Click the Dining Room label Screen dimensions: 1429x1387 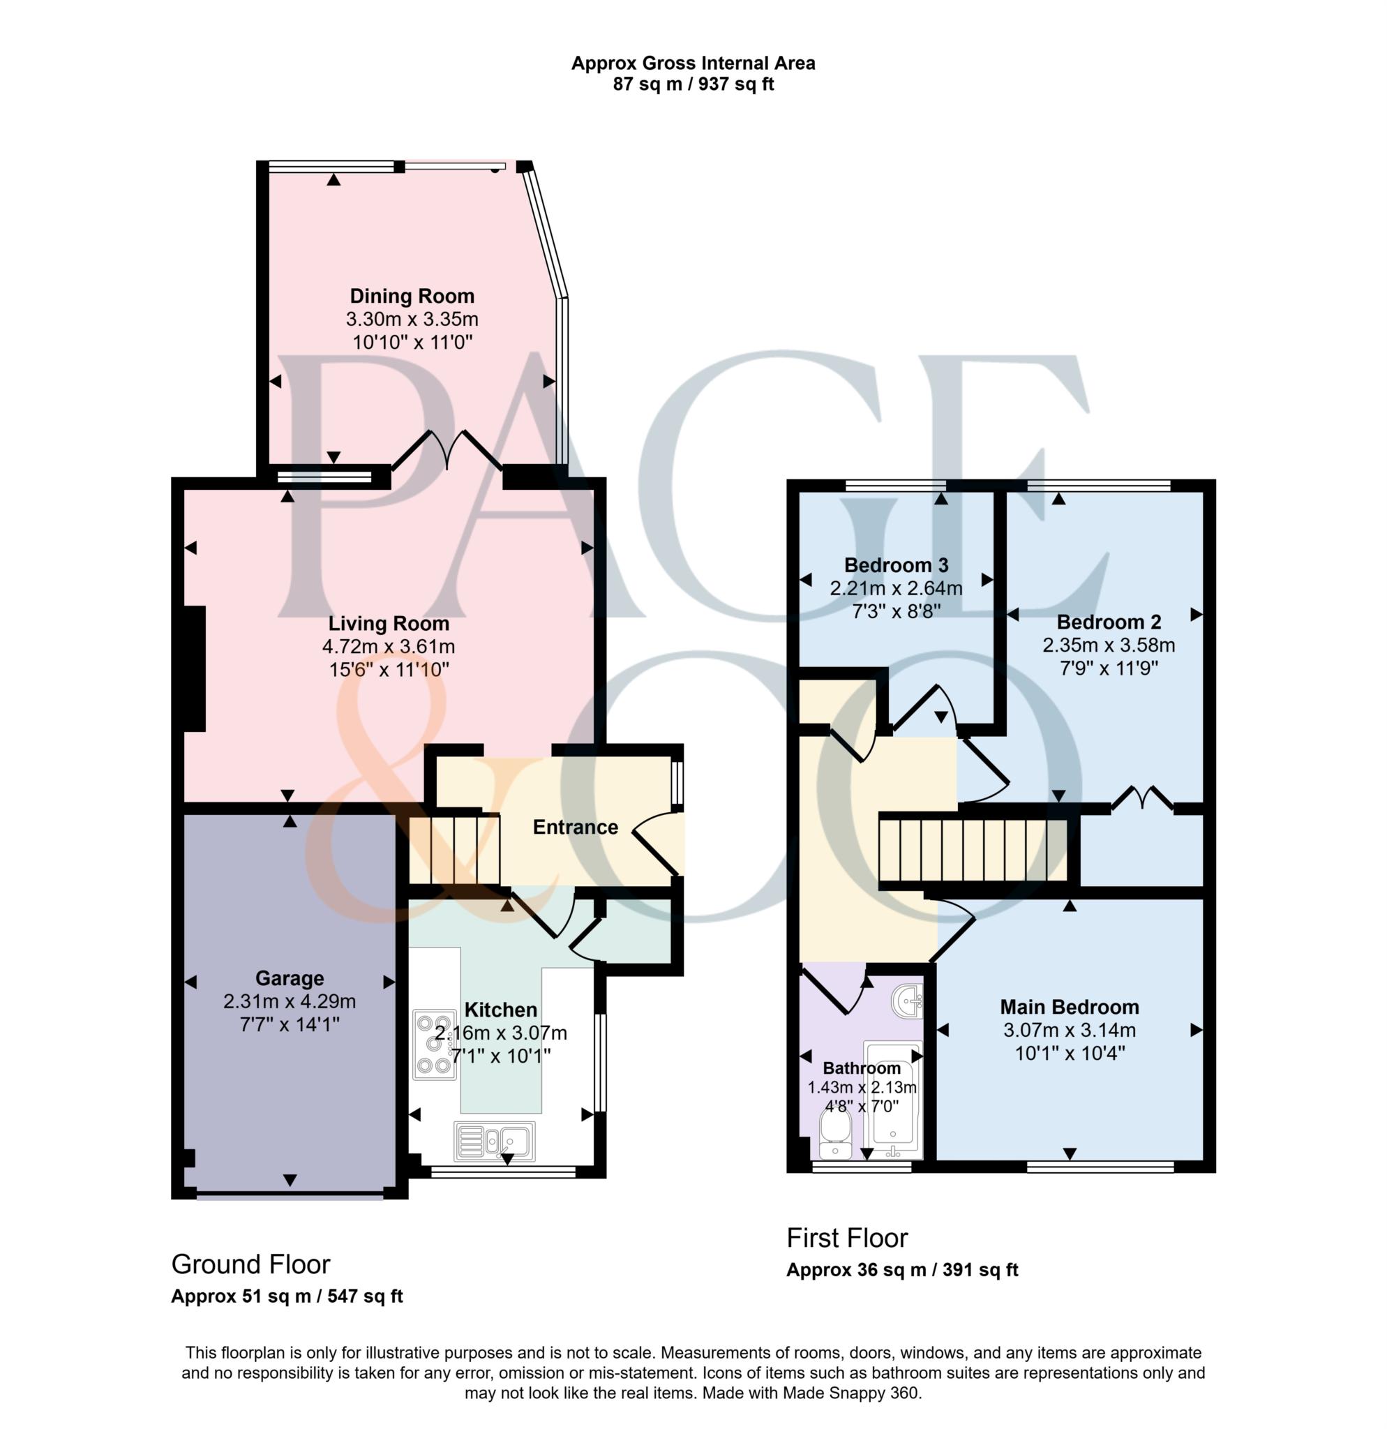[412, 296]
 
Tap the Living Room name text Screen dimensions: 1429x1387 [389, 623]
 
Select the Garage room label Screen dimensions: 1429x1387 [290, 978]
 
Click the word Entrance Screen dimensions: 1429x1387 [575, 827]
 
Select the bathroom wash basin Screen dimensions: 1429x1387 [907, 1001]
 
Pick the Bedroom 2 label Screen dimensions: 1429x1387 [1109, 622]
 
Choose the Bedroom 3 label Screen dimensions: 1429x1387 [896, 565]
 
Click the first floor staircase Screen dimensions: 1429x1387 [973, 850]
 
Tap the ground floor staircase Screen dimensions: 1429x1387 [453, 850]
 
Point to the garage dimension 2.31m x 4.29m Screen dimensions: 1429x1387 [290, 1001]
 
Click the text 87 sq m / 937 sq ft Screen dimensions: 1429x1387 [693, 84]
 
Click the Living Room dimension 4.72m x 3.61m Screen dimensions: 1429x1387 [389, 646]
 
